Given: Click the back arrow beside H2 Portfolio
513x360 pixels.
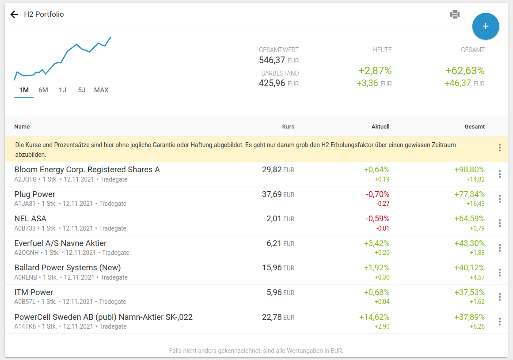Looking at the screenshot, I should [x=15, y=15].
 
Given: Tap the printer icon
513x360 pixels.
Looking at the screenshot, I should [x=455, y=15].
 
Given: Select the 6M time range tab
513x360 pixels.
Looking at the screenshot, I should [x=43, y=90].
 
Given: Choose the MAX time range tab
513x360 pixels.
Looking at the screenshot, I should [x=101, y=90].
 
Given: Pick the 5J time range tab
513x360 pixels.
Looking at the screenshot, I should [x=82, y=90].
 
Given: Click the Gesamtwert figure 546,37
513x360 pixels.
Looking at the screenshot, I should [x=272, y=60].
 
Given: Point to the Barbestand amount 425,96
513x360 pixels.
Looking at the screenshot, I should [x=272, y=83].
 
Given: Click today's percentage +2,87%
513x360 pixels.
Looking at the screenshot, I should [x=375, y=71].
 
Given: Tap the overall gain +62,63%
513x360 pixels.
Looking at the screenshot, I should [x=465, y=71].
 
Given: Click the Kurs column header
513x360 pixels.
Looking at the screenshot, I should [x=288, y=127].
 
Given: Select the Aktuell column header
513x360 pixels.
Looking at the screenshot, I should [x=380, y=127].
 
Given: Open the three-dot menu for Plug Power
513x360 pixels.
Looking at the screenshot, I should [x=500, y=199].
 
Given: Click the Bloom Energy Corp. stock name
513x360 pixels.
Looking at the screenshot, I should [x=87, y=170].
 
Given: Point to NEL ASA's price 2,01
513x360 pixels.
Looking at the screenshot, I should [x=274, y=219].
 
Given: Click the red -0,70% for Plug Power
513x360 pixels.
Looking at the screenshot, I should [x=378, y=194].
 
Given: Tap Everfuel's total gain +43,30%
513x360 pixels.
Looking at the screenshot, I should [x=469, y=243].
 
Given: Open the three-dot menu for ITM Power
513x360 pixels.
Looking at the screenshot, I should [x=500, y=297].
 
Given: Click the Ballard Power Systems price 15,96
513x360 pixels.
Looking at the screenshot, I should [x=272, y=268].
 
